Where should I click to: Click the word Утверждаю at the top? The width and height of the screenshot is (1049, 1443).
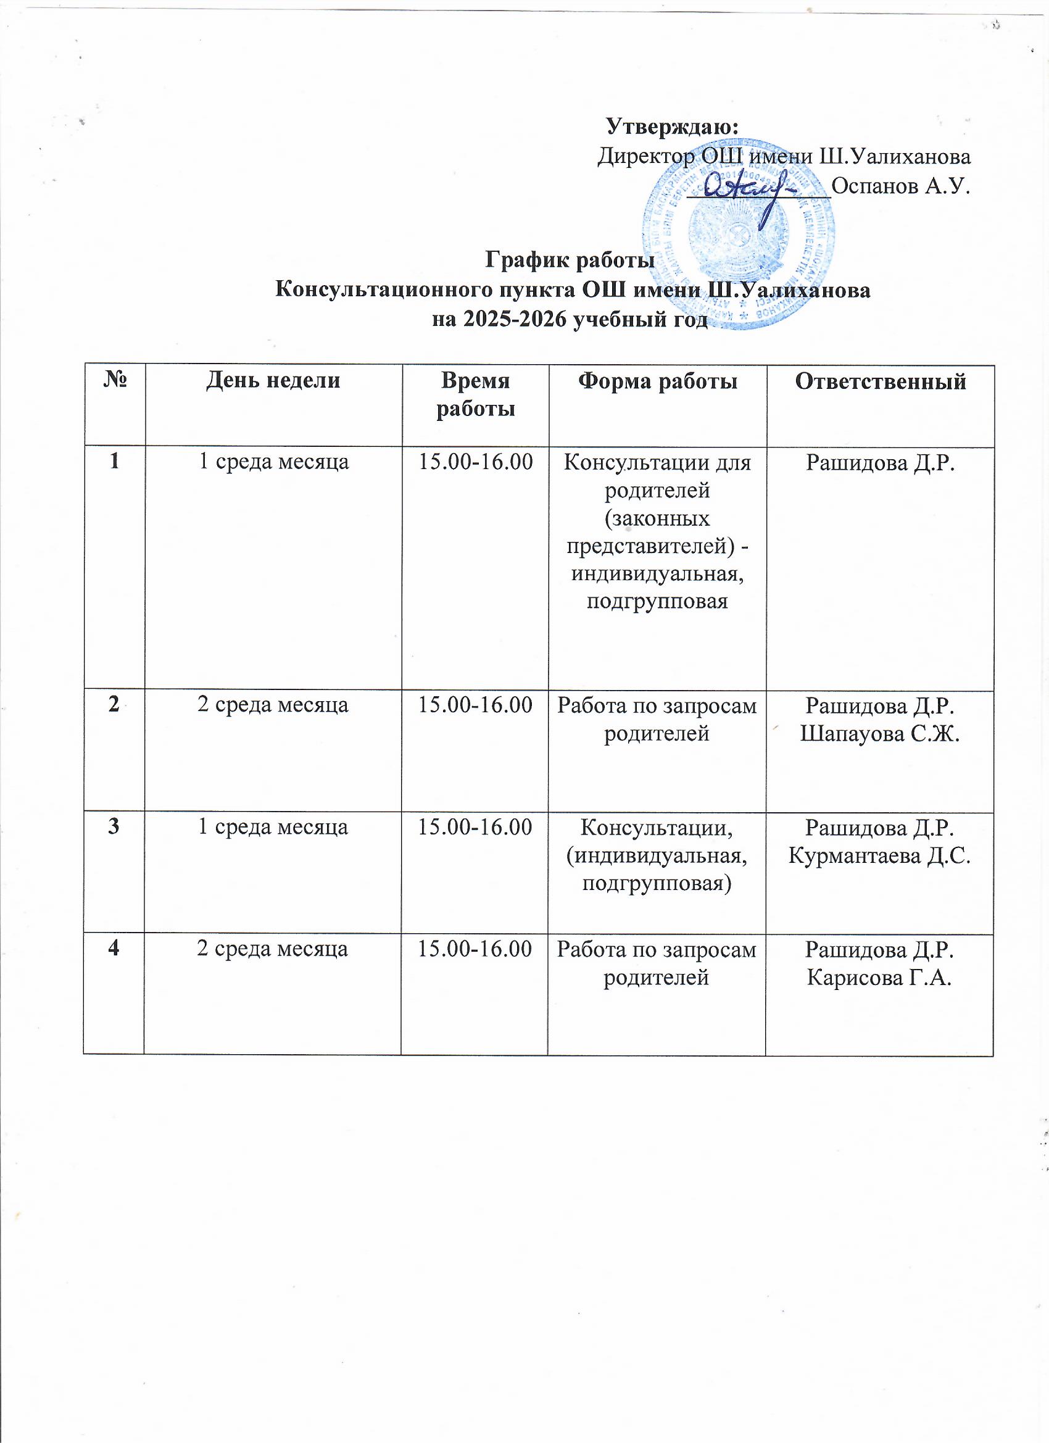673,126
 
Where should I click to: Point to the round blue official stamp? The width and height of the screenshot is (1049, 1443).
738,242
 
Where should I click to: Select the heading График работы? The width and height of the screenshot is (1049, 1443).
570,260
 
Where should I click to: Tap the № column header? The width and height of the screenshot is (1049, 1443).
115,381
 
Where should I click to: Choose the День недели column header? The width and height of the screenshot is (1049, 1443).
273,380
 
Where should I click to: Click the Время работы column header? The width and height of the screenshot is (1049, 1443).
475,394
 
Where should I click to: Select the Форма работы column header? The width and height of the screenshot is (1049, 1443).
658,381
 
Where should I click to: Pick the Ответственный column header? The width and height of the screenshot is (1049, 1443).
881,381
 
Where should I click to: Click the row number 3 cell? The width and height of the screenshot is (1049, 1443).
114,827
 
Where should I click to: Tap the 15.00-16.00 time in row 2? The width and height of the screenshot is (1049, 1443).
475,705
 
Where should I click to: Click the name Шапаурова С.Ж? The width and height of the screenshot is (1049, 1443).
880,734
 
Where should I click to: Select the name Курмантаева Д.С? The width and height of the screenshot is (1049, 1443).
880,856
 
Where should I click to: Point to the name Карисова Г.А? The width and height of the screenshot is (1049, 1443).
879,978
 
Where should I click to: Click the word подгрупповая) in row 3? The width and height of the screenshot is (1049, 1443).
657,884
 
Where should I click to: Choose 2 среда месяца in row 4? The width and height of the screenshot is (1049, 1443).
273,949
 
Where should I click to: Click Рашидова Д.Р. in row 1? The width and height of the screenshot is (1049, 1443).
881,462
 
